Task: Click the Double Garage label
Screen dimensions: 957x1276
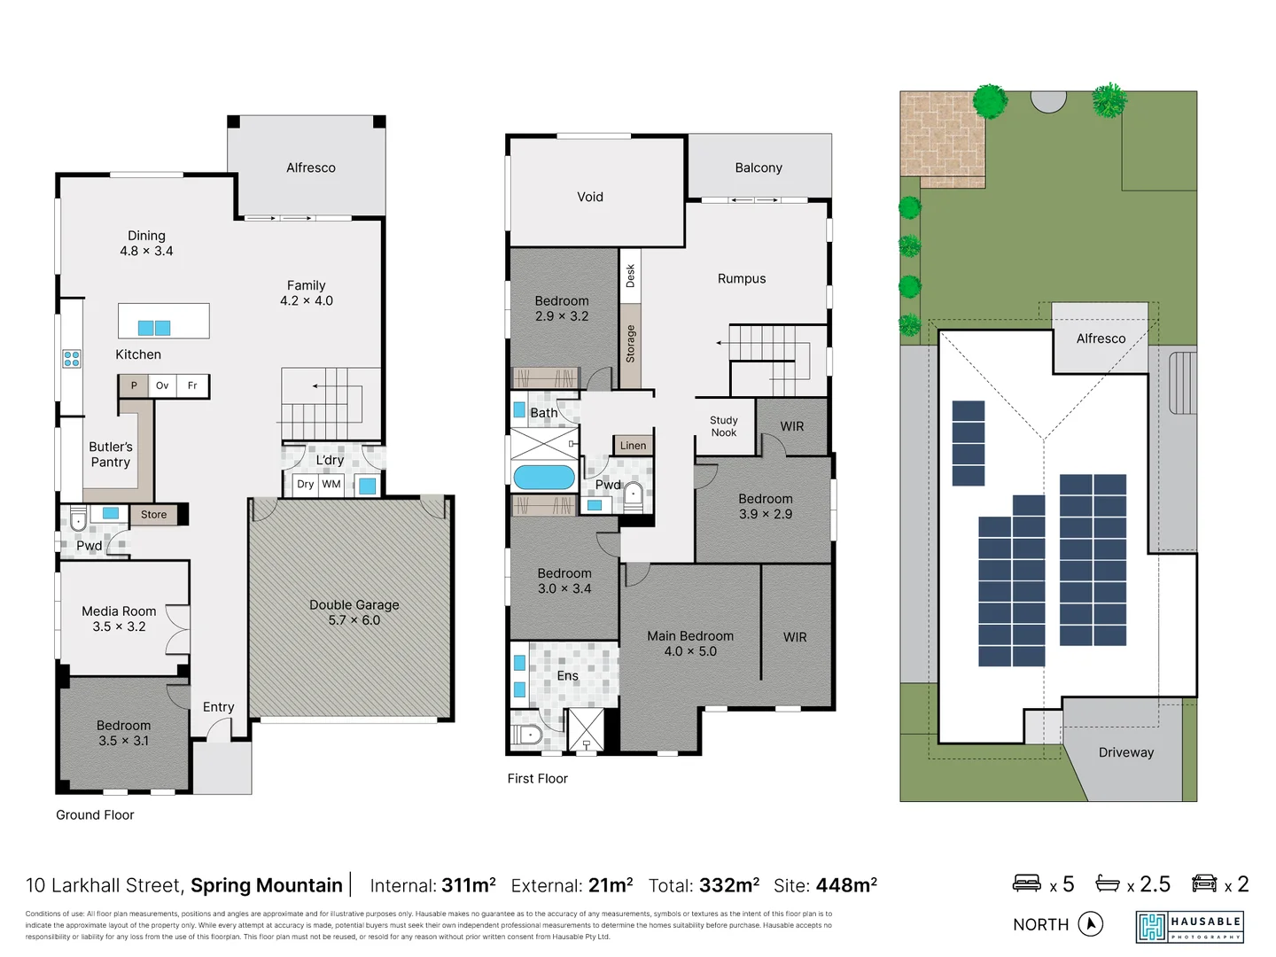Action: [354, 612]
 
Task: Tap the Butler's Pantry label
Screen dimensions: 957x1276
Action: [111, 455]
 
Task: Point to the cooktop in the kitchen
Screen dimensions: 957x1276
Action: [72, 358]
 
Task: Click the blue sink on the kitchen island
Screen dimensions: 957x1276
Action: [154, 328]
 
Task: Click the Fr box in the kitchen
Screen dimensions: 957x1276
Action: [192, 385]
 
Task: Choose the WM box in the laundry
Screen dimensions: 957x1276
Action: [331, 485]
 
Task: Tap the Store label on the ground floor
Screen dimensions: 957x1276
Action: [153, 515]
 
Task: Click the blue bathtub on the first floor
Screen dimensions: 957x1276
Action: [544, 478]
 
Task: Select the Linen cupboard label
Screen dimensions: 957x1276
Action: [633, 446]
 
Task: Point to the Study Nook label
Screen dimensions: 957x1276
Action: [723, 426]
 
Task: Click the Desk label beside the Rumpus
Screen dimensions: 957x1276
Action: [630, 276]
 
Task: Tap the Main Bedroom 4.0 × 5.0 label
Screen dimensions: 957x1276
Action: [690, 643]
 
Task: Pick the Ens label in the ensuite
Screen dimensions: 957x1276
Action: [567, 676]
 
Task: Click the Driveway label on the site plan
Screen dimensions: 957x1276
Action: [1125, 752]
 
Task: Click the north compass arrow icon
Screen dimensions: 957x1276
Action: [1091, 924]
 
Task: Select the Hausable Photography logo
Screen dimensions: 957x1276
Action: [1189, 927]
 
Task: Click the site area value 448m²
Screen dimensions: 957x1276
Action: [845, 885]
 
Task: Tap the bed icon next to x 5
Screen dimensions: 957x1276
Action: [1027, 883]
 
